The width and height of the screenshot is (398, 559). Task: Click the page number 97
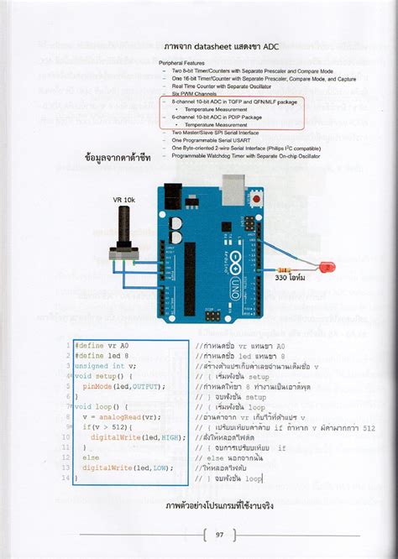coord(219,534)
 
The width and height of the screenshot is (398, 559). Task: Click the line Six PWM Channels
coord(194,93)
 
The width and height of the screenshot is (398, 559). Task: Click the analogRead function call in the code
coord(128,417)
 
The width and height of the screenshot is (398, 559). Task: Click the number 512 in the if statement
coord(118,427)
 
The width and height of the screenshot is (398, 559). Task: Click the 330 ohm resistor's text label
coord(290,276)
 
